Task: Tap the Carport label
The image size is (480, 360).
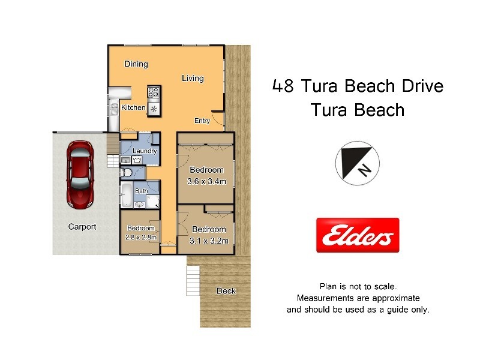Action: point(82,227)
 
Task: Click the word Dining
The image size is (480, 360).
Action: point(136,64)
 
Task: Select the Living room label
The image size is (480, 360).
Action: point(193,78)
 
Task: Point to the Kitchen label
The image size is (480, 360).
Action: point(133,107)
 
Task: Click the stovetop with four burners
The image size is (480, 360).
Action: point(154,92)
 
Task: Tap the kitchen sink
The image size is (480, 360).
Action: point(114,108)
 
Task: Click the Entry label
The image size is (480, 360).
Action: point(202,121)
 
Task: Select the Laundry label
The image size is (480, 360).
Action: point(145,151)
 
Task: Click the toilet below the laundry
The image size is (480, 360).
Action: point(127,173)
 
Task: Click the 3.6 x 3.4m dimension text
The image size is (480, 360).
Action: point(207,181)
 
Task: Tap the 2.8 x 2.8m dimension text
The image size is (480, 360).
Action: point(140,237)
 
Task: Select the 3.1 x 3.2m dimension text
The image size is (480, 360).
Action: point(209,241)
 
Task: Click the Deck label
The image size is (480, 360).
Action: point(226,291)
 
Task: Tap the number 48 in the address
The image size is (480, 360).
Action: point(283,86)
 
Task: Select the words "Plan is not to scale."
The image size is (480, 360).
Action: point(358,287)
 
